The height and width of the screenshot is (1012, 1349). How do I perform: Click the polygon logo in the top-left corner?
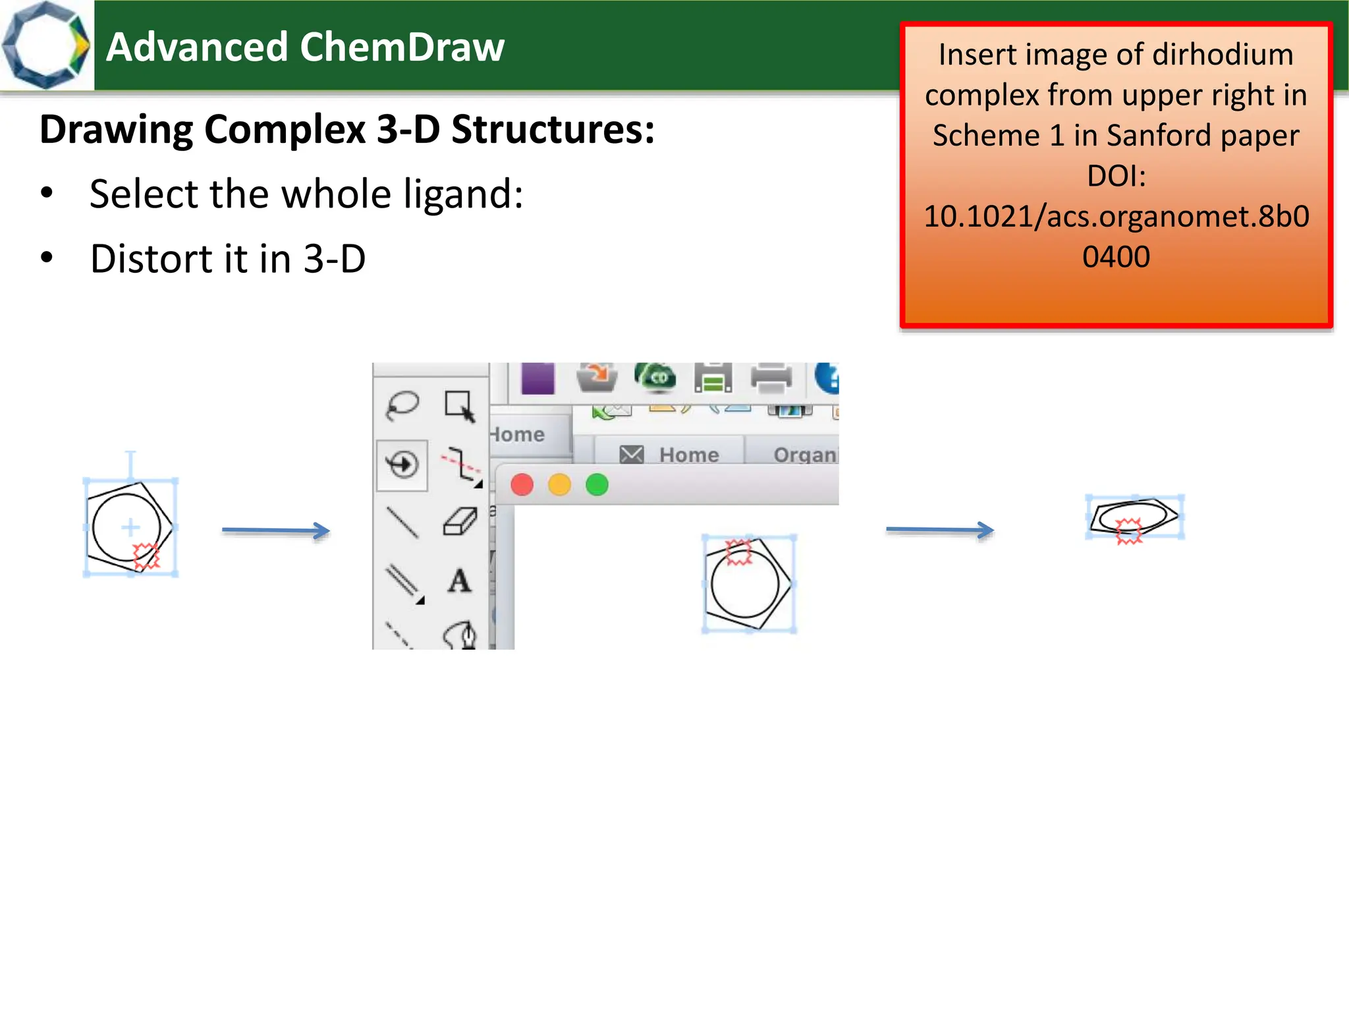[46, 45]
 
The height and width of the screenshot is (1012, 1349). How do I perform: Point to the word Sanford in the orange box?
[1158, 136]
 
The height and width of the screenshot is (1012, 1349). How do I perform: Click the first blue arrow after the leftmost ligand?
[275, 530]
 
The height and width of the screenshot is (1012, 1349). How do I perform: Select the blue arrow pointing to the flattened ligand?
[939, 530]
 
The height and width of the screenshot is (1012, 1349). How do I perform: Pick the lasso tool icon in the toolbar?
[402, 405]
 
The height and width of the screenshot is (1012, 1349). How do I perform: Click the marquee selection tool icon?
[459, 405]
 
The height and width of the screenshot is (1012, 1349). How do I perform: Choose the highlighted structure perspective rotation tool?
[402, 464]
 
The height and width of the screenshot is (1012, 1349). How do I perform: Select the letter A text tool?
[459, 581]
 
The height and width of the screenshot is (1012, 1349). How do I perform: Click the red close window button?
[522, 485]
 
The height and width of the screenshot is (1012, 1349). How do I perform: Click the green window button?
[597, 485]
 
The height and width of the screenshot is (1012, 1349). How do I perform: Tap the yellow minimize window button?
[559, 485]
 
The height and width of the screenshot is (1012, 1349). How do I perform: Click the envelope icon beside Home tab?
[632, 454]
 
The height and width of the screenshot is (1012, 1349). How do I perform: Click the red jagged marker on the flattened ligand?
[1128, 530]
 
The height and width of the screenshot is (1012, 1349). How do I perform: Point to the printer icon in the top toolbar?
[771, 378]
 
